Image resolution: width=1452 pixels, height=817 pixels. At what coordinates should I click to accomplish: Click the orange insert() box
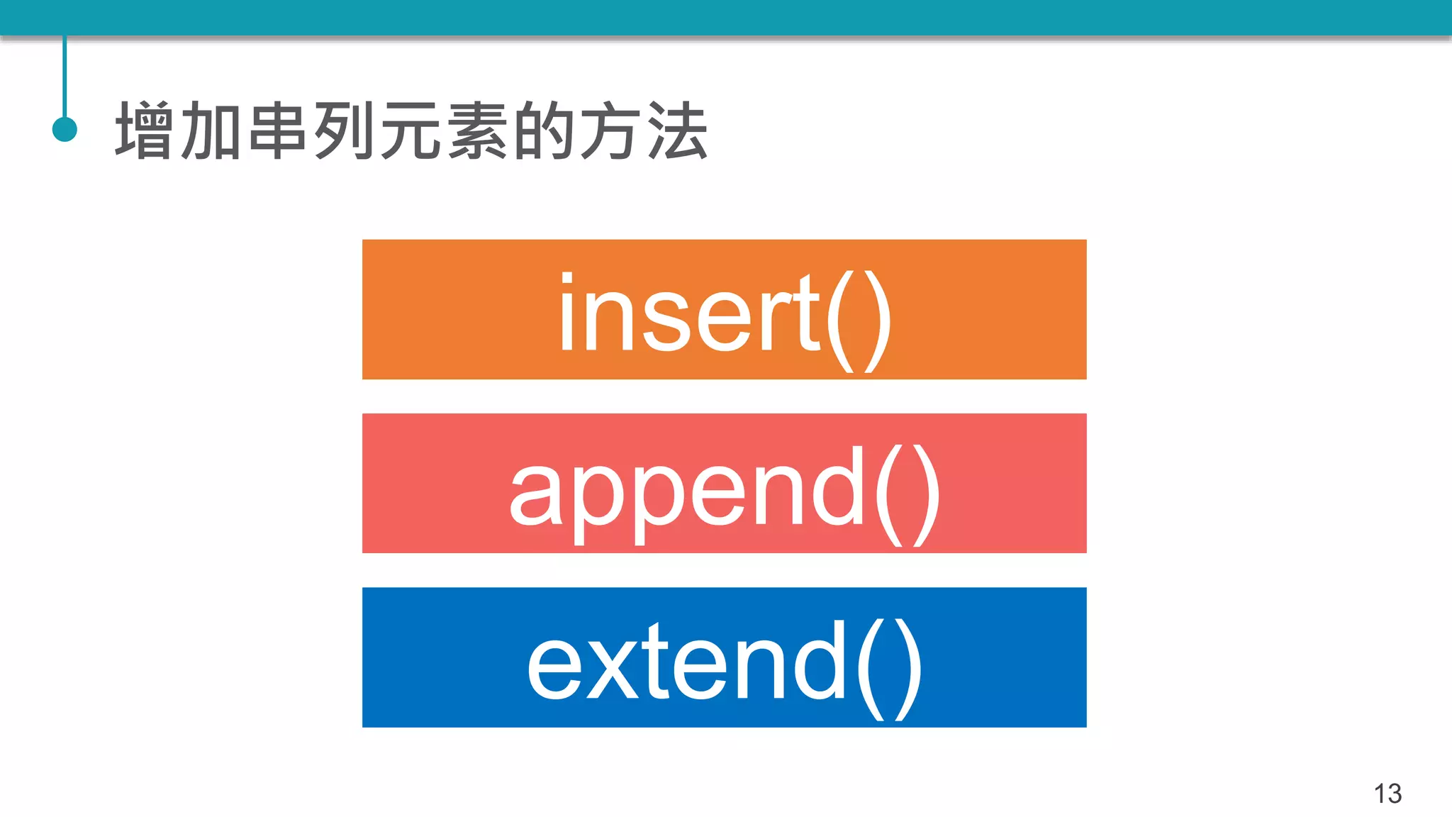[724, 309]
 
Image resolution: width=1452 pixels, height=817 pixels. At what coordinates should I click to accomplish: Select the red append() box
[724, 483]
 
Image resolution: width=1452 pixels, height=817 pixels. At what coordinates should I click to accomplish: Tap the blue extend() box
[724, 657]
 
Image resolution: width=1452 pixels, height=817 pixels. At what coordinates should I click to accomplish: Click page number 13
[1387, 793]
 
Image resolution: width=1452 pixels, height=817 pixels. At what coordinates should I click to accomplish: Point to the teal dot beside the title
[65, 129]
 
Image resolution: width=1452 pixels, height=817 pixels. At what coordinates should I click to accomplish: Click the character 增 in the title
[145, 130]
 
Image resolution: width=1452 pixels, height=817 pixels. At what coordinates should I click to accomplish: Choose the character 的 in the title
[544, 130]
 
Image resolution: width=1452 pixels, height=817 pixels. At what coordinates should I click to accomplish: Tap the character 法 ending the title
[678, 130]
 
